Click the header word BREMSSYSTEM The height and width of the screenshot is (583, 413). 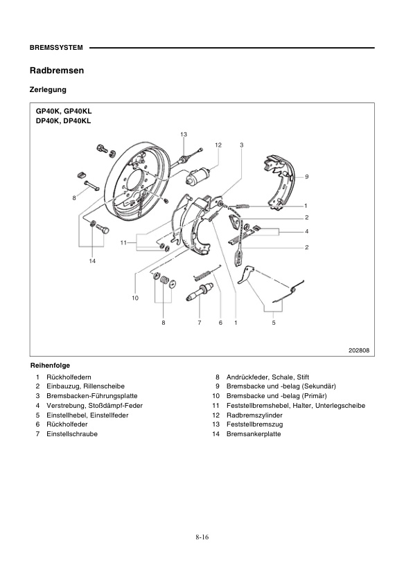point(56,48)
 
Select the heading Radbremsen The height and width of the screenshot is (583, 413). point(57,71)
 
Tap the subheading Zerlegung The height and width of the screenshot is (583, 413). point(48,90)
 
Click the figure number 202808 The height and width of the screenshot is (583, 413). point(358,350)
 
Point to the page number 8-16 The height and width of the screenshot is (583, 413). point(202,537)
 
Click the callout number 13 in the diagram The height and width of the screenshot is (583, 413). point(184,134)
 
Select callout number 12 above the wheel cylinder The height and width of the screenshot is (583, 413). point(218,145)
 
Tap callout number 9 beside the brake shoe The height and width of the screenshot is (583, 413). point(306,177)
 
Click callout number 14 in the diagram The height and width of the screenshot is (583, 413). point(91,261)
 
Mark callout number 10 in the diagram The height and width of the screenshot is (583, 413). point(135,298)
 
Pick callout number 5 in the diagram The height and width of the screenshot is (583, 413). point(273,323)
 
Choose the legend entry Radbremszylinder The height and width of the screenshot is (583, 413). point(252,415)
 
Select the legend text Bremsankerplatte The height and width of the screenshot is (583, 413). point(253,433)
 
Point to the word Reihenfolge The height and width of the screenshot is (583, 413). point(50,365)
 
